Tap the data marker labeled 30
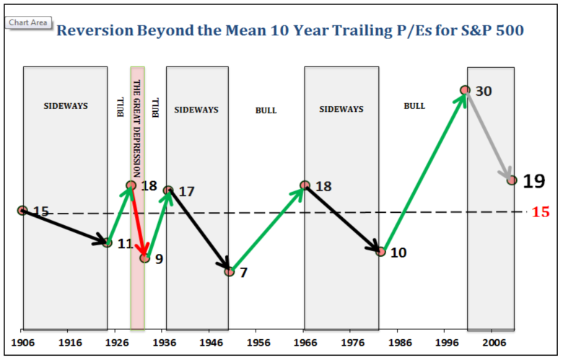click(466, 90)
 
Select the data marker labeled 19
click(512, 180)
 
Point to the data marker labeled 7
click(229, 271)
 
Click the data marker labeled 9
click(145, 258)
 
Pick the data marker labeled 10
click(380, 251)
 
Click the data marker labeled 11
click(108, 242)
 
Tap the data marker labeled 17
click(168, 190)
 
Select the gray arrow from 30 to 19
click(489, 135)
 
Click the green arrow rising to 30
click(423, 171)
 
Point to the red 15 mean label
click(541, 212)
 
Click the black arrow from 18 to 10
click(343, 218)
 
